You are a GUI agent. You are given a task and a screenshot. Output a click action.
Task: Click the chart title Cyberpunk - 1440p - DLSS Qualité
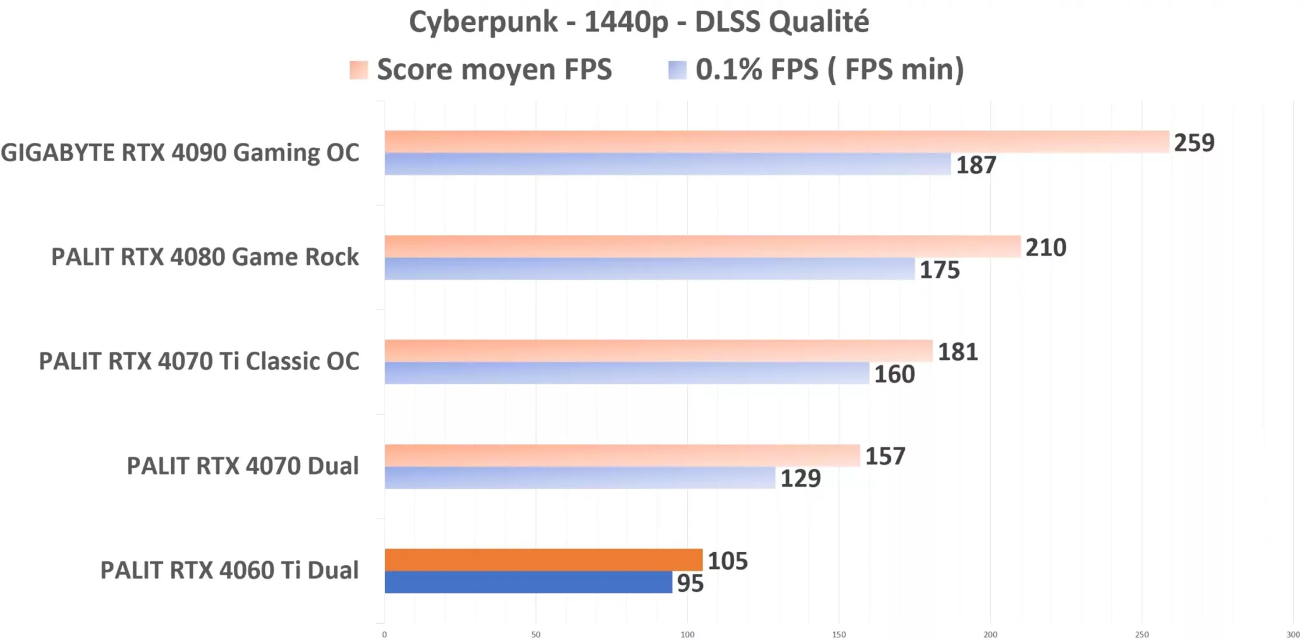639,22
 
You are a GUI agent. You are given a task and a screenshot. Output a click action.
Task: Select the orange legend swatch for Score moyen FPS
358,70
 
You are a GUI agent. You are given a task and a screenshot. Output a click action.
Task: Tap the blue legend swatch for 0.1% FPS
677,70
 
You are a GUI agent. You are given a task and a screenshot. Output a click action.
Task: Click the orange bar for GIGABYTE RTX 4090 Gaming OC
777,141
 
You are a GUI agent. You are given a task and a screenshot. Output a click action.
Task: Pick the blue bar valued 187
667,164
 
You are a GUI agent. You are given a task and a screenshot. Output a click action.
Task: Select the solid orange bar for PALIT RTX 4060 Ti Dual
543,559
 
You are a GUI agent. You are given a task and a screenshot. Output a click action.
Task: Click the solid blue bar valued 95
528,582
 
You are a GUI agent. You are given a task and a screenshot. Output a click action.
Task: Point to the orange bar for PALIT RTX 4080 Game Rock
702,246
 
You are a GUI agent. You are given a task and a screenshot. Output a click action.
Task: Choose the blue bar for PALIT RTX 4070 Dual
579,478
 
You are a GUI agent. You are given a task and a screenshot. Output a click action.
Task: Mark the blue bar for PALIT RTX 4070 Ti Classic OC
627,373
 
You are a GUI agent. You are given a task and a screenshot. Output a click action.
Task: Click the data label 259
1194,143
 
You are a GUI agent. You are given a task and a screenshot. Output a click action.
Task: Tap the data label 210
1045,247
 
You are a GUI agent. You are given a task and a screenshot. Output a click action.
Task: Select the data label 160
894,374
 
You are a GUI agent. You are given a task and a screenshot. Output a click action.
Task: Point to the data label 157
884,456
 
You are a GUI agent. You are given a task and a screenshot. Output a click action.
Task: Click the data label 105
727,561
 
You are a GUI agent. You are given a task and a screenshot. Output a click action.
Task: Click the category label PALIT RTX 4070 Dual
243,466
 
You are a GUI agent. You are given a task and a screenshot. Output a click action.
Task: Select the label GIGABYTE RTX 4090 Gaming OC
180,153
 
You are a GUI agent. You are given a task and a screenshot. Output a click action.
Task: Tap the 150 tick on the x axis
839,635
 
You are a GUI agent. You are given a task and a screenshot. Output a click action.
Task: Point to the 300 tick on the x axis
1293,635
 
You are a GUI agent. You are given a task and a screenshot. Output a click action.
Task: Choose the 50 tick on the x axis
535,635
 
